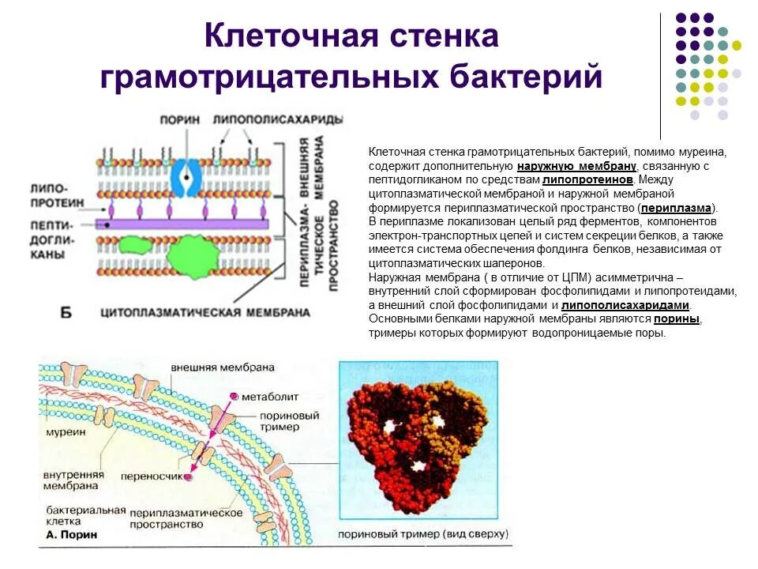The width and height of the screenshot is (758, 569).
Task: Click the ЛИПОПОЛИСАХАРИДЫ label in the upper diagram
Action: point(278,119)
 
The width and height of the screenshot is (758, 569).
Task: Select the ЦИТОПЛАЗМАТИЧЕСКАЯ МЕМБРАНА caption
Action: point(205,312)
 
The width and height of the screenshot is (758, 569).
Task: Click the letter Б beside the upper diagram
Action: point(66,313)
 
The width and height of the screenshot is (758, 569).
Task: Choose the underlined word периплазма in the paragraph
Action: point(677,208)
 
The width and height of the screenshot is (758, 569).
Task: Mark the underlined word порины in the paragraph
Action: point(677,318)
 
